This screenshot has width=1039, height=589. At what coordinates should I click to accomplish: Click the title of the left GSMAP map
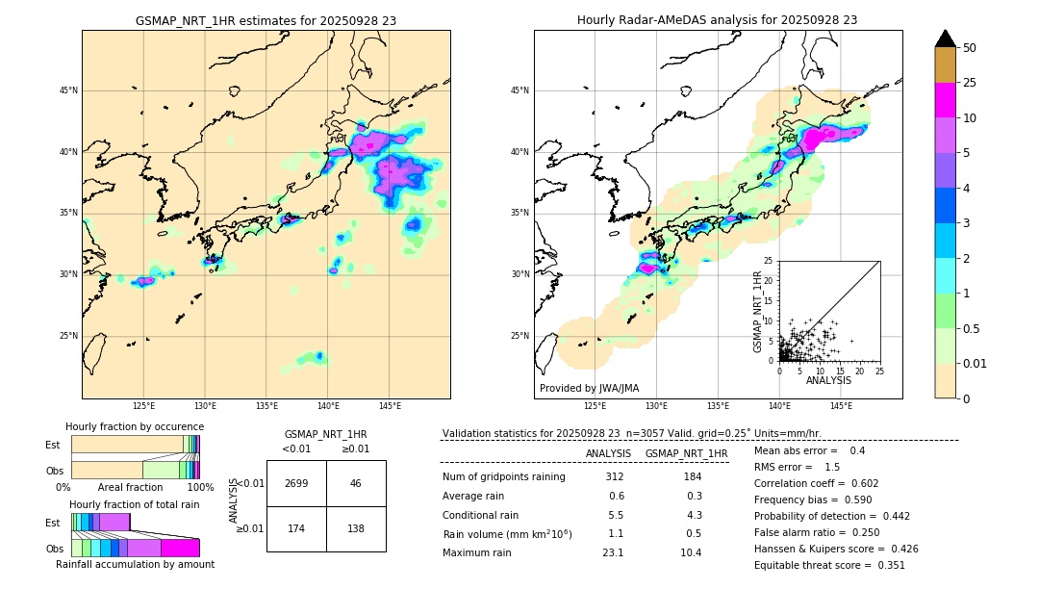266,20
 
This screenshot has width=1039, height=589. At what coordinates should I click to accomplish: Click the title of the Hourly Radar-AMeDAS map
717,20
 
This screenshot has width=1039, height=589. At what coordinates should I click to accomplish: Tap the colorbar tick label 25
970,83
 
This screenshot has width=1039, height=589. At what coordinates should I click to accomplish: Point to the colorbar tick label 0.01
976,363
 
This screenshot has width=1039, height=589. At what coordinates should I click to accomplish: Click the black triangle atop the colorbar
946,38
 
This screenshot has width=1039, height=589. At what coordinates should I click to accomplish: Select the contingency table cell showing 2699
296,483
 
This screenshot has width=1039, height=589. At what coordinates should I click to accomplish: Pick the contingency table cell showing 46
356,483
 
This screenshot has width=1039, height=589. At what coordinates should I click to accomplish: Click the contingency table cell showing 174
296,529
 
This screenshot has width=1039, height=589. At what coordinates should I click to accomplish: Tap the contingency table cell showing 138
356,529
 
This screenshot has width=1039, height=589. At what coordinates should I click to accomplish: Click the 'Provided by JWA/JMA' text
589,388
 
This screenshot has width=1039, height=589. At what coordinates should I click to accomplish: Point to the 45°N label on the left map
67,90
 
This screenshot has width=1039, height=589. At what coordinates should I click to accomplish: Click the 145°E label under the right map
841,406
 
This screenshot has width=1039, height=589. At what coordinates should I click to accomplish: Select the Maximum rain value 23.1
613,552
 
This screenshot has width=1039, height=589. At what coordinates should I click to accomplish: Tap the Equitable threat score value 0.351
886,565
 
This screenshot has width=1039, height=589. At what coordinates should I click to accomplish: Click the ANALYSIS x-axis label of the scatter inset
828,380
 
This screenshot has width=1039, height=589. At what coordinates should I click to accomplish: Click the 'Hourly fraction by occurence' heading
135,426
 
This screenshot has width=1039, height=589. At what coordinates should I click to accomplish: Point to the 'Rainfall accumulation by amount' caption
135,564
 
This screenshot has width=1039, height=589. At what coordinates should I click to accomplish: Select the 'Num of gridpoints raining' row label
503,477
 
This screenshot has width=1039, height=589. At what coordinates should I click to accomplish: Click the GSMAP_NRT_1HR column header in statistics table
686,453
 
